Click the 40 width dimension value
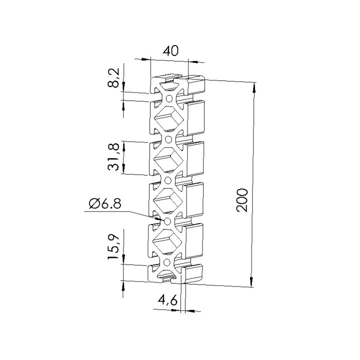coord(170,50)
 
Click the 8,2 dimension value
coord(113,78)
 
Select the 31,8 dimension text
coord(113,157)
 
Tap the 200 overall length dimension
coord(242,200)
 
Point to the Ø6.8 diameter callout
coord(105,203)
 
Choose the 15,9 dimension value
coord(113,247)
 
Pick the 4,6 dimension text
coord(167,300)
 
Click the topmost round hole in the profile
coord(169,98)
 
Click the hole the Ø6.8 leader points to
coord(167,221)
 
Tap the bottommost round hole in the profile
coord(166,261)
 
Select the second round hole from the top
coord(168,139)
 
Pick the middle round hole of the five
coord(168,180)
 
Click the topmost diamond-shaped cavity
coord(169,119)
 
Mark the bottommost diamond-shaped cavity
coord(167,241)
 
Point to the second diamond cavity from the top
coord(168,160)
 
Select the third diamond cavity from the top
coord(167,200)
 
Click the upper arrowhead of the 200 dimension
coord(254,88)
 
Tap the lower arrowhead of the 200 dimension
coord(251,281)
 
